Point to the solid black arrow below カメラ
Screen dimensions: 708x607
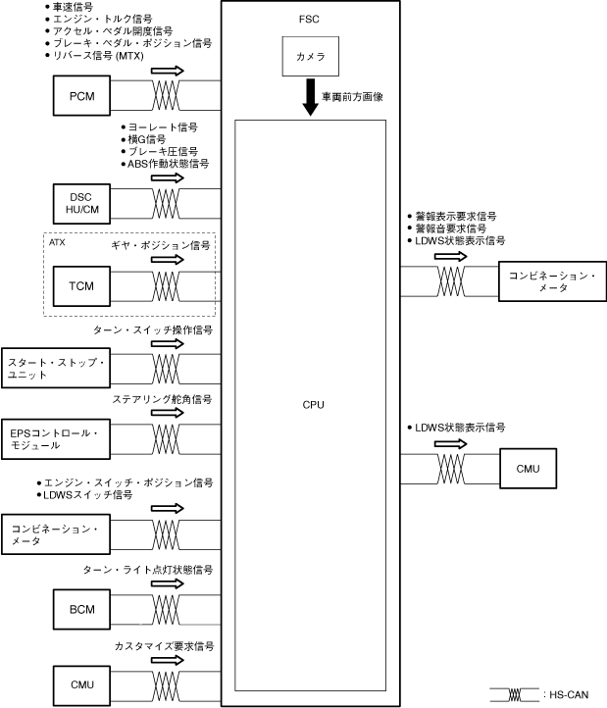pyautogui.click(x=310, y=102)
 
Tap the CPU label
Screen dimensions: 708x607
pyautogui.click(x=314, y=404)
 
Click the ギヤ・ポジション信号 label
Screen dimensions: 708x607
pyautogui.click(x=162, y=244)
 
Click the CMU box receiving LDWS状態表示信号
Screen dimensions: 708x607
pyautogui.click(x=527, y=467)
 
